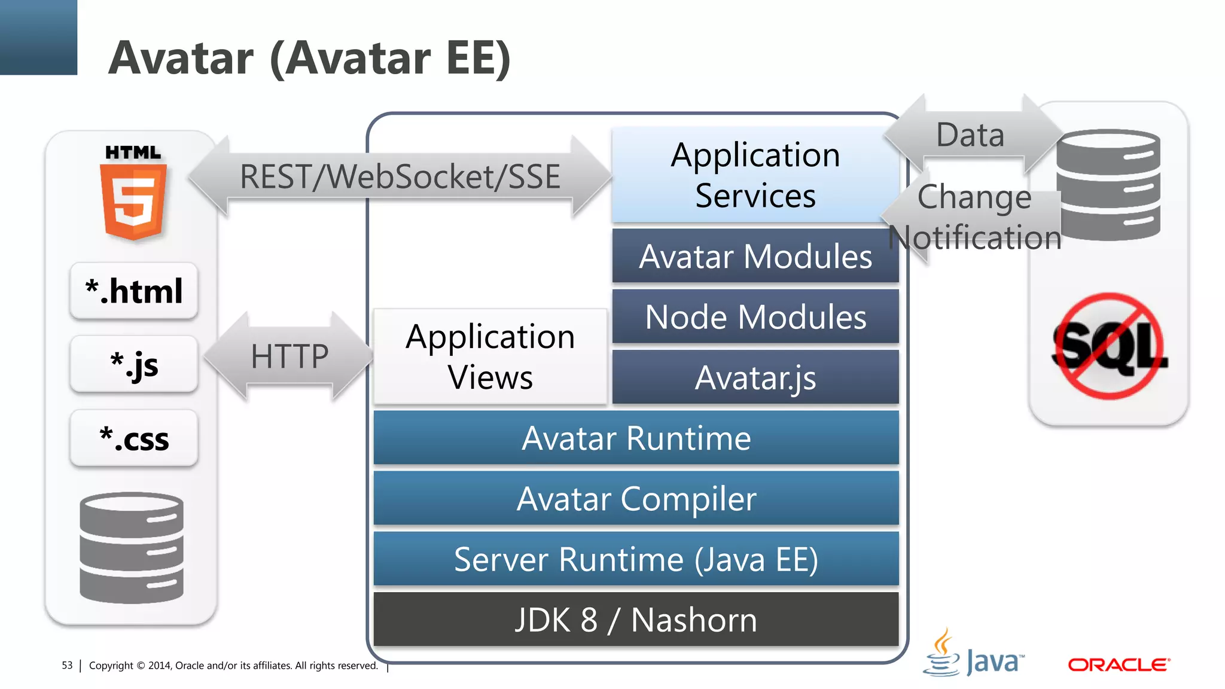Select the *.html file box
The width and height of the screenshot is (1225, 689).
(x=133, y=291)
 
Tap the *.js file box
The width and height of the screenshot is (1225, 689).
(x=133, y=364)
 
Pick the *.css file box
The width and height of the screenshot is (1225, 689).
(x=133, y=438)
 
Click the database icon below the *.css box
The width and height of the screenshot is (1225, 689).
(x=132, y=547)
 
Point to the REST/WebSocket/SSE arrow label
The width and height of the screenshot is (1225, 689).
(x=400, y=177)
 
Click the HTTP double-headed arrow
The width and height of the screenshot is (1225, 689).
(x=289, y=356)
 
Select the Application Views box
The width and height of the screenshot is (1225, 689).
(x=490, y=356)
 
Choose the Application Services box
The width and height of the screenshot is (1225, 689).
(x=755, y=175)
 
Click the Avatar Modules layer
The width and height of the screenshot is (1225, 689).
(x=755, y=256)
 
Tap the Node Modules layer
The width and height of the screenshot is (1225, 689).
(x=755, y=316)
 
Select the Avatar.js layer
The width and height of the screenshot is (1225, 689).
(x=755, y=377)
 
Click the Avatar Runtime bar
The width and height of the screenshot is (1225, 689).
(x=636, y=438)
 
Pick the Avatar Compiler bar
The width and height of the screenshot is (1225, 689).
(x=636, y=498)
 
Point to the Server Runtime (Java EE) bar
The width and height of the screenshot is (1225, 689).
(x=636, y=559)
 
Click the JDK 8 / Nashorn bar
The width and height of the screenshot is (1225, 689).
(x=636, y=620)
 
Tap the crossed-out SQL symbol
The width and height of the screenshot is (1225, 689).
(x=1110, y=346)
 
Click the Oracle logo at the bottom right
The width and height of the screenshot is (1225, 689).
(x=1119, y=664)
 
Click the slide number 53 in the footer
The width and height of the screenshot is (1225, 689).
(x=67, y=665)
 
